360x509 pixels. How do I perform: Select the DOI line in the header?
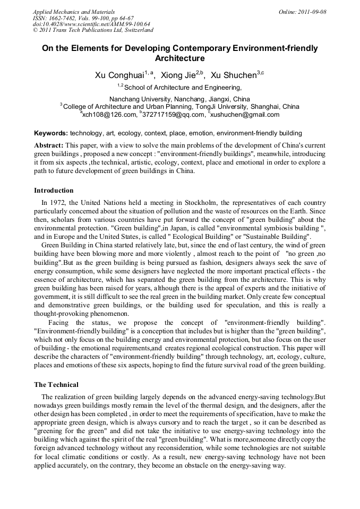pos(91,24)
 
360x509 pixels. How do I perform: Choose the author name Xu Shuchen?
pos(233,75)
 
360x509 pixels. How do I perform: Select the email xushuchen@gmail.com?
pos(245,114)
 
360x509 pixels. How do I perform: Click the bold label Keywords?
pos(51,133)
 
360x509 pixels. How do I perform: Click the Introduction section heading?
pos(54,191)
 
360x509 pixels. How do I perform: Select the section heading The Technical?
pos(56,384)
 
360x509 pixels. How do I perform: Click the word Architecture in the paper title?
pos(179,58)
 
